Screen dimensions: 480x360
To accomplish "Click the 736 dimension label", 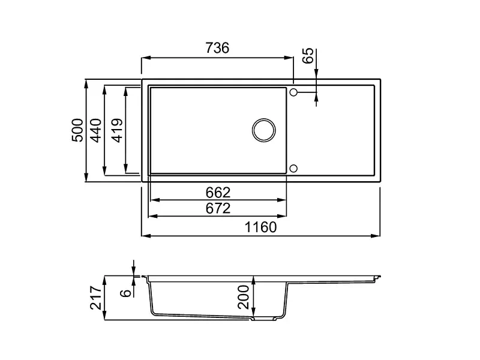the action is pyautogui.click(x=217, y=48).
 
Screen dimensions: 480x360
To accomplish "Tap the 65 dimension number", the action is pyautogui.click(x=308, y=55).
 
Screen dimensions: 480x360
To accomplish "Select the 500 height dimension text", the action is pyautogui.click(x=77, y=130).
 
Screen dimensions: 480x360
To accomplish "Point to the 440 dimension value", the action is pyautogui.click(x=97, y=130).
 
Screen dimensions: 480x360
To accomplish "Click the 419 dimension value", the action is pyautogui.click(x=118, y=130).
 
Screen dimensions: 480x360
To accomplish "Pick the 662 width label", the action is pyautogui.click(x=218, y=193).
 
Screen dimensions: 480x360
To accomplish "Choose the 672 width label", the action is pyautogui.click(x=218, y=208).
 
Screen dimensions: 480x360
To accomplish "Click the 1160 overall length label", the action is pyautogui.click(x=261, y=227).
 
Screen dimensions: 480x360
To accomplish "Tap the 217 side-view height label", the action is pyautogui.click(x=96, y=298).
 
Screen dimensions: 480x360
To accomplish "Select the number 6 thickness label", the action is pyautogui.click(x=126, y=293).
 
